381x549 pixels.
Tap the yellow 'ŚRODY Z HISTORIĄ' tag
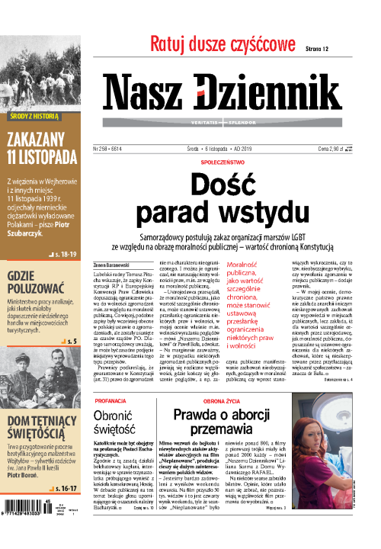pos(33,118)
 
